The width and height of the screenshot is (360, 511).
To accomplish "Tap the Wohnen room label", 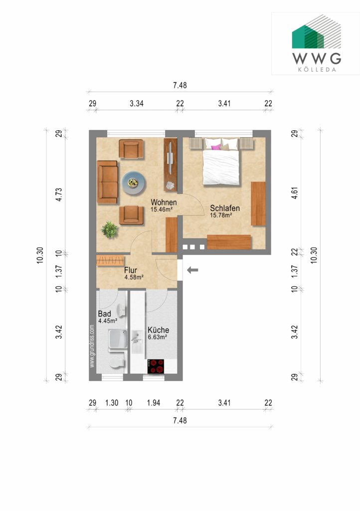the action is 164,203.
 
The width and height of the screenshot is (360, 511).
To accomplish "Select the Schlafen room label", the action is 225,208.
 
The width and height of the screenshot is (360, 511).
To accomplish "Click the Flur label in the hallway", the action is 131,270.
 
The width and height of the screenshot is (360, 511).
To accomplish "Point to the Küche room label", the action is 158,330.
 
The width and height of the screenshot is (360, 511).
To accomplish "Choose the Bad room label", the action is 105,314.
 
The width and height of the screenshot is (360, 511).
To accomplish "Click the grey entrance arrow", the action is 192,270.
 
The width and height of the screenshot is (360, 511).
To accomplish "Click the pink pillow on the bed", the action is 216,147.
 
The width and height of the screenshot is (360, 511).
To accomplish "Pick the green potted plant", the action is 109,230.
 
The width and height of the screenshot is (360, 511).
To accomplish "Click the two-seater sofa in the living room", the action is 107,182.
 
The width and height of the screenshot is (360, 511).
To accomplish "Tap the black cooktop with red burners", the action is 156,366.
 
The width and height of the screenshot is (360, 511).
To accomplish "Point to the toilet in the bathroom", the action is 117,363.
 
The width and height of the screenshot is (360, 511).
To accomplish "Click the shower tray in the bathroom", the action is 118,339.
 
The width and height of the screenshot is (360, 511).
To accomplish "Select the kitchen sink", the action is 137,338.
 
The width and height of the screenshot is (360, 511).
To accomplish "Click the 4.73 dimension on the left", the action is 59,195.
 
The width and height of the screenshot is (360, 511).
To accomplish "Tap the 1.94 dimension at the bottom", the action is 153,403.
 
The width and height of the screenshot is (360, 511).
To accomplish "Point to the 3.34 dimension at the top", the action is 137,104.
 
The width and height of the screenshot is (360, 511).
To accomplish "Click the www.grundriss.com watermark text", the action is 92,346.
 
